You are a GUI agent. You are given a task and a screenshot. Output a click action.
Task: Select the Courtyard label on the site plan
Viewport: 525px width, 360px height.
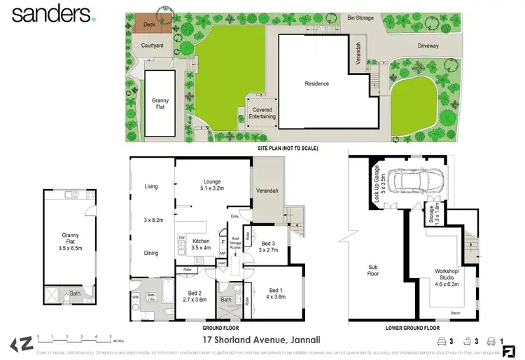coord(152,46)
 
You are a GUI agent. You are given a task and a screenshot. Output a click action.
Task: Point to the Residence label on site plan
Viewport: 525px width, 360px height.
coord(316,83)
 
